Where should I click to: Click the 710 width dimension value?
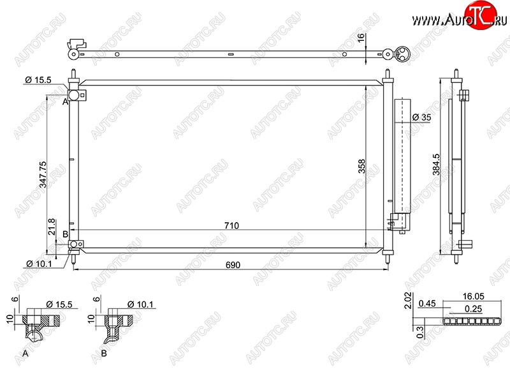pos(231,225)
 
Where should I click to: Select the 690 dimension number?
pos(233,265)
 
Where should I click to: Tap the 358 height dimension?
pos(361,166)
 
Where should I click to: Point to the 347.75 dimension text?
pos(43,175)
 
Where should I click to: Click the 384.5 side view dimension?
pos(436,165)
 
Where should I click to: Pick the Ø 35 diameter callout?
pos(421,117)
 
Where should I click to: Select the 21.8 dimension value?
pos(52,227)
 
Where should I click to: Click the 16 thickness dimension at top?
pos(361,38)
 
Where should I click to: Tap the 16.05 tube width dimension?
pos(473,296)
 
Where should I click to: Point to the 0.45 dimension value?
pos(427,304)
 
